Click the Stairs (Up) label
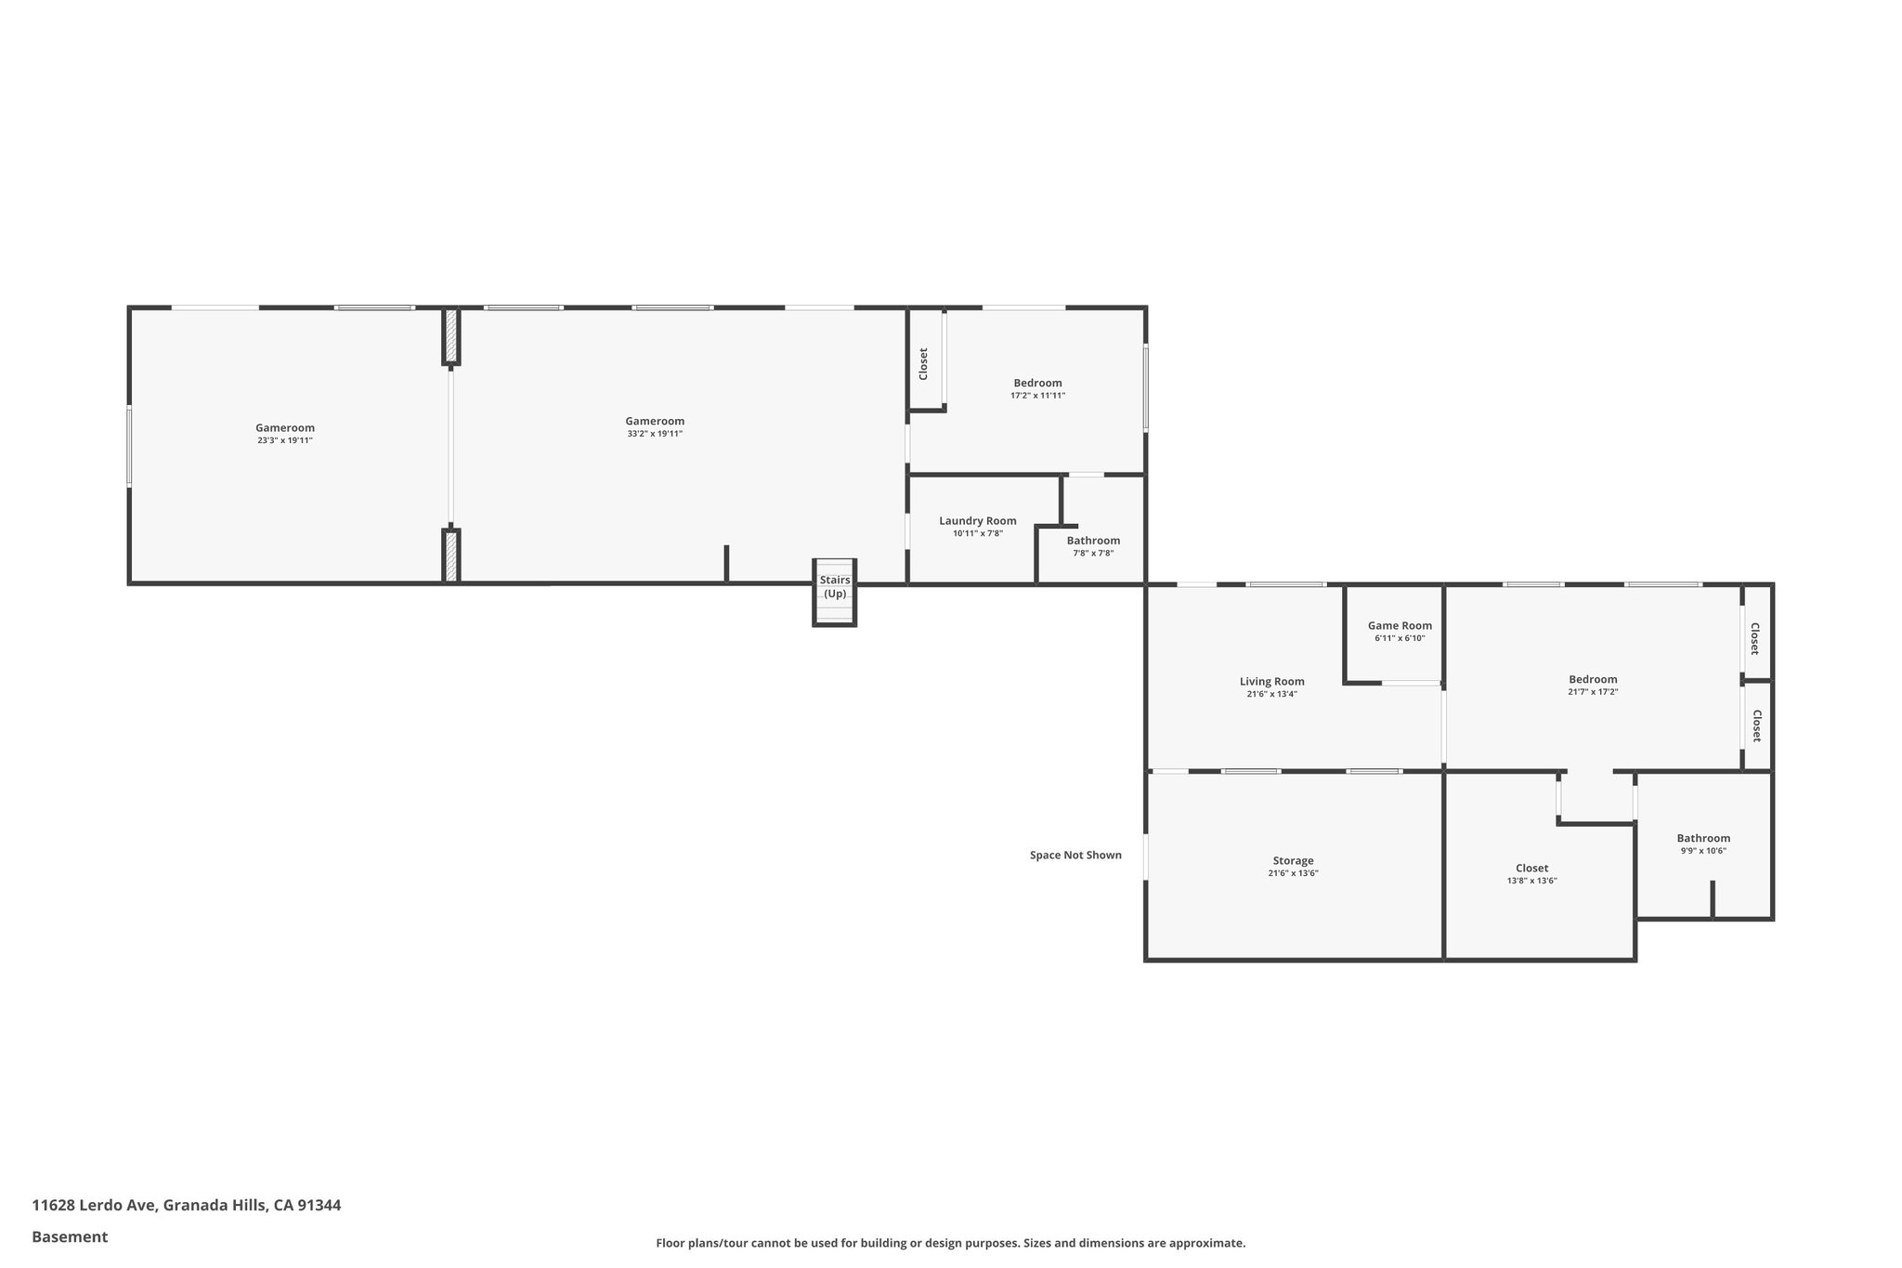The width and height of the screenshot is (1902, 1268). (x=834, y=587)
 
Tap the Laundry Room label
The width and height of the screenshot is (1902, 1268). (x=977, y=521)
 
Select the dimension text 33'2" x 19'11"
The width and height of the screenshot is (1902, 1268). (x=654, y=434)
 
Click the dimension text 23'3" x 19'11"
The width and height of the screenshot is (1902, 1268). (x=285, y=440)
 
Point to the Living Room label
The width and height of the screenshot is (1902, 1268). (x=1271, y=682)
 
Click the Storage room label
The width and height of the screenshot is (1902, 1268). (x=1293, y=861)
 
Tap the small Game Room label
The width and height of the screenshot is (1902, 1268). (x=1400, y=626)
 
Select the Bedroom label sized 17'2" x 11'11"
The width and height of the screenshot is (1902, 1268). (x=1037, y=383)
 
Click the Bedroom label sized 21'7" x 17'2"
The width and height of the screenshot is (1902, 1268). (x=1593, y=679)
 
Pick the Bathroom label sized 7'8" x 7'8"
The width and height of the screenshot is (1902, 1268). (x=1093, y=541)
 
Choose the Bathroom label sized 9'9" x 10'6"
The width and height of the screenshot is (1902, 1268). (x=1703, y=838)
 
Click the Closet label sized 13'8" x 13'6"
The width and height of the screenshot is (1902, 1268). (x=1531, y=869)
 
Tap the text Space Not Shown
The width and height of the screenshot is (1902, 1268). (x=1075, y=856)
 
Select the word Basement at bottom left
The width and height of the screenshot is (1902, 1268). (x=70, y=1236)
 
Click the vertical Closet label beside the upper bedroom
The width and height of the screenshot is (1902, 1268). (x=923, y=364)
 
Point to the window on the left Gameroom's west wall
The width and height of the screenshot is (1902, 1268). (x=129, y=446)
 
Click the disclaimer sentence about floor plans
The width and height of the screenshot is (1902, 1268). (x=950, y=1243)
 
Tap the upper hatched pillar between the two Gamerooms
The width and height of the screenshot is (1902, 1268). (x=451, y=336)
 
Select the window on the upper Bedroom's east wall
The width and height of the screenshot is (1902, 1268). (x=1145, y=387)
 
